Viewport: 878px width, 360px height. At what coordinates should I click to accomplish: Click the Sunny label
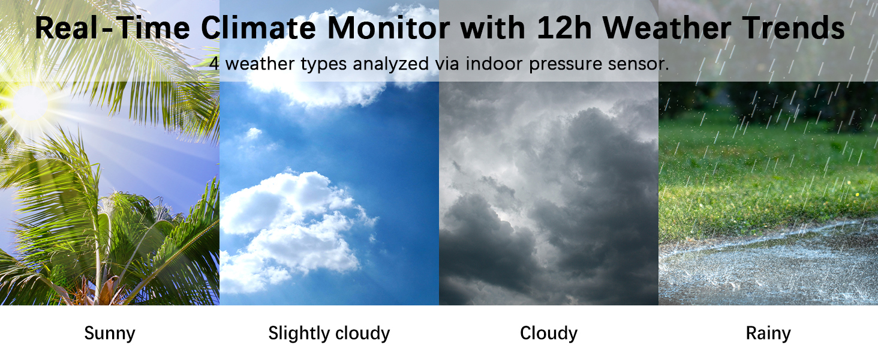pos(110,334)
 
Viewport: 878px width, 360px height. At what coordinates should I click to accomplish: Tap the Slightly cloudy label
pos(329,334)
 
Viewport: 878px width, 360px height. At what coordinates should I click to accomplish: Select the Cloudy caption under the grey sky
pos(549,334)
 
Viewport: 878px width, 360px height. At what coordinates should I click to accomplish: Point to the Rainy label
pos(768,334)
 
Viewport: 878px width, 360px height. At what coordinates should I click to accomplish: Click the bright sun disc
pos(31,103)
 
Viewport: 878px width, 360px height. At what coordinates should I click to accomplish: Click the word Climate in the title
pos(258,28)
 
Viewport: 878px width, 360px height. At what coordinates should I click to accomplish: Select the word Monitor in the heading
pos(389,28)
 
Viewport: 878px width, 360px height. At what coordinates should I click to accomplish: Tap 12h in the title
pos(564,28)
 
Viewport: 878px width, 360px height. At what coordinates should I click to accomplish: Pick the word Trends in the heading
pos(793,28)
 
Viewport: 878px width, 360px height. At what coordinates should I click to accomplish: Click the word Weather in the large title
pos(666,28)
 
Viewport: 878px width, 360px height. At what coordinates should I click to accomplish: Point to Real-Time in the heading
pos(113,28)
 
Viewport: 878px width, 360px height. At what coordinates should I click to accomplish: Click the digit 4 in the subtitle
pos(214,64)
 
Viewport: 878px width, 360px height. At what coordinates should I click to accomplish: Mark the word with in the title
pos(493,28)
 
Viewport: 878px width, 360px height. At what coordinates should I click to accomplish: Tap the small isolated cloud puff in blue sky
pos(253,134)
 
